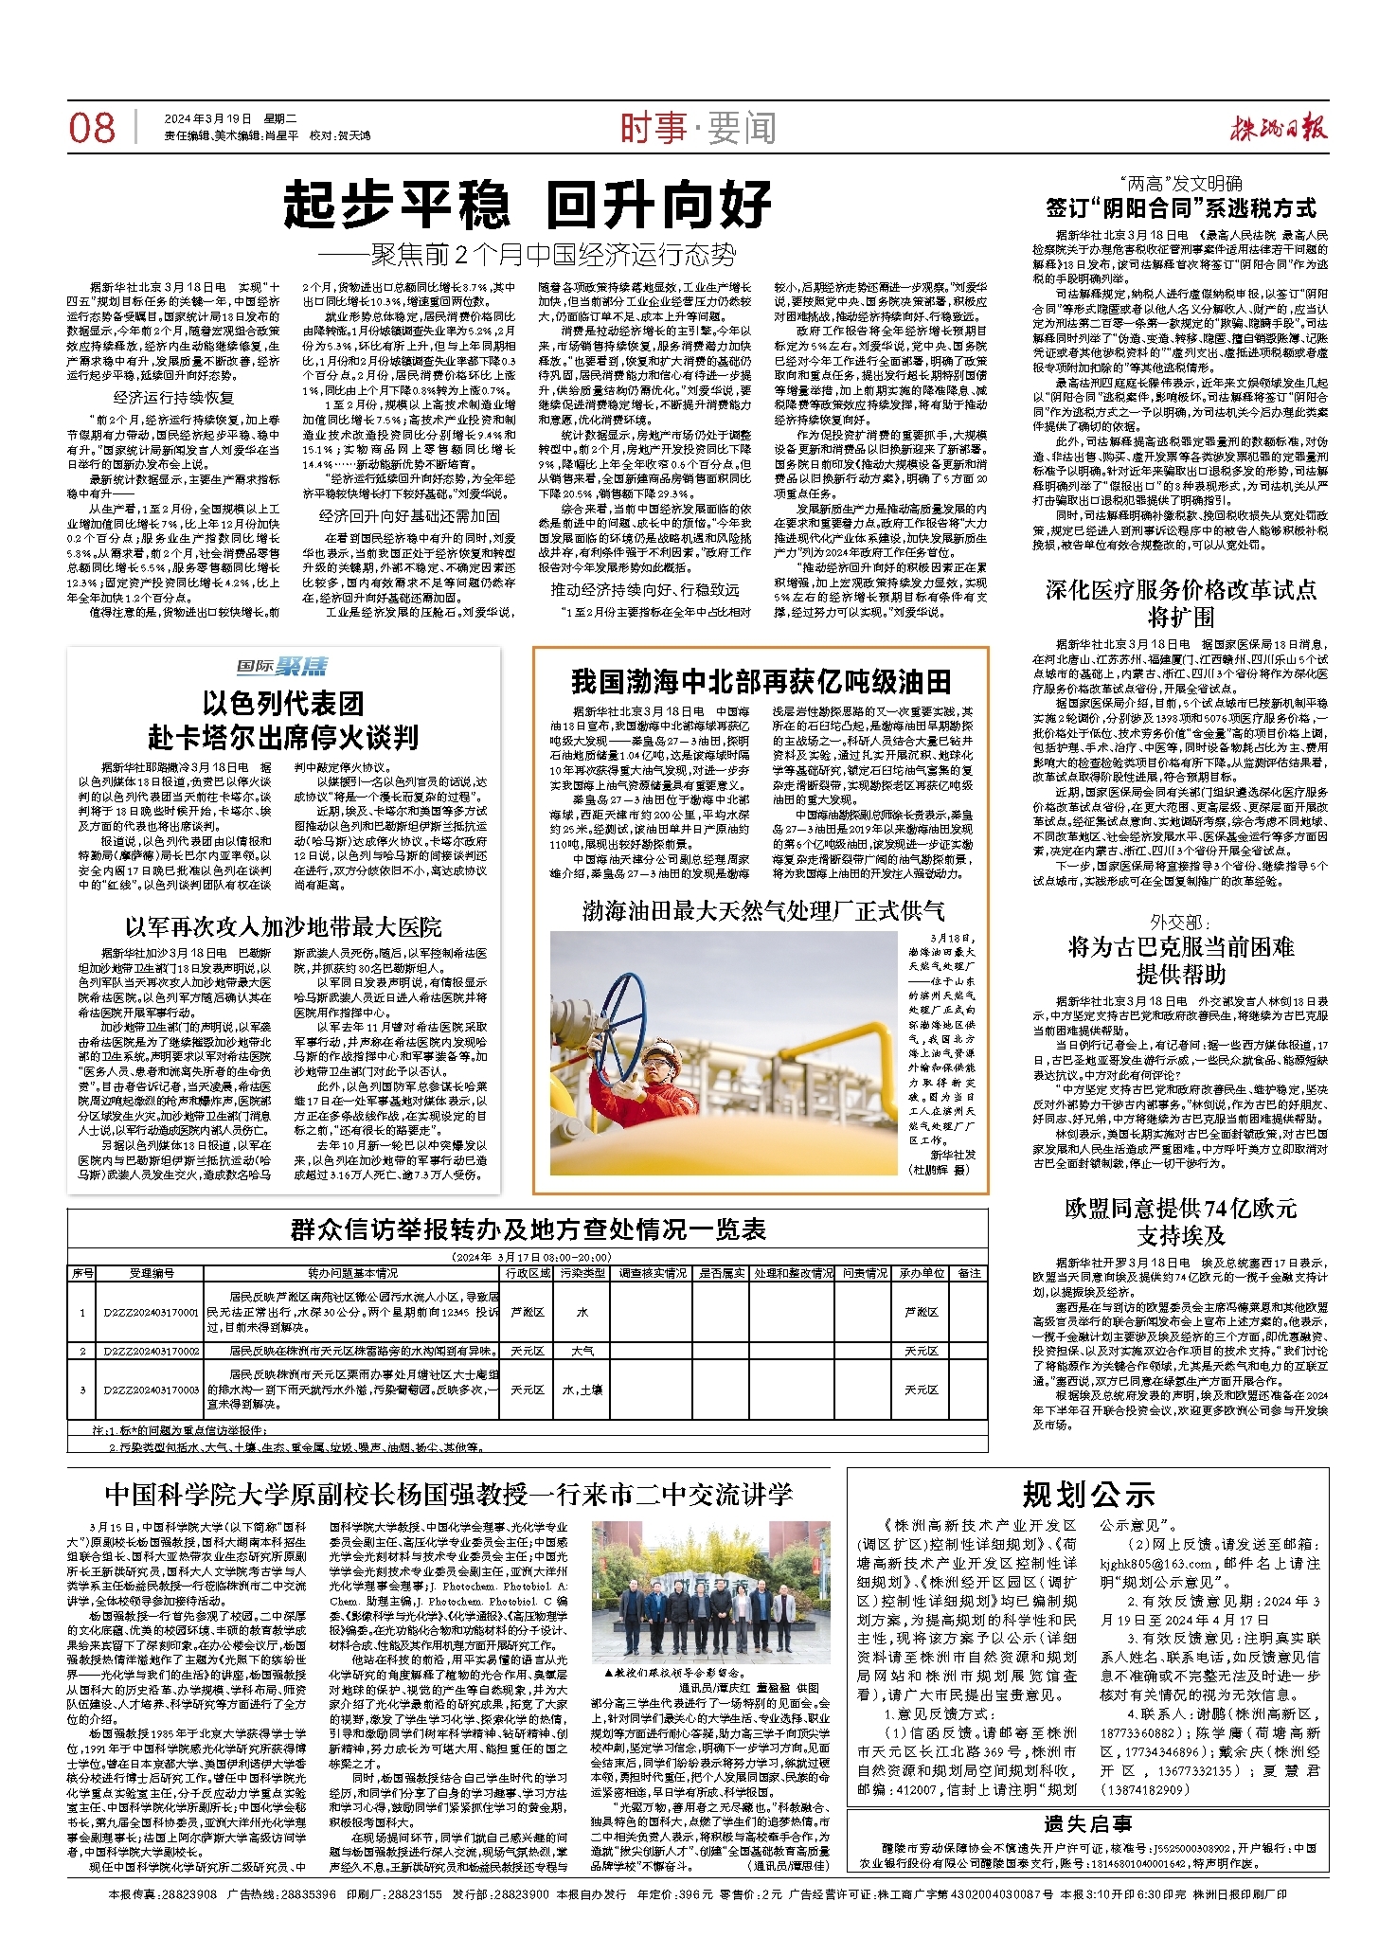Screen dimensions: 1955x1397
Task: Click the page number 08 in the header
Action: [92, 128]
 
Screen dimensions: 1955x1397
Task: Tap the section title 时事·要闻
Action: [698, 128]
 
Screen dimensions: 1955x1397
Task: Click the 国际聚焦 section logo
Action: [282, 667]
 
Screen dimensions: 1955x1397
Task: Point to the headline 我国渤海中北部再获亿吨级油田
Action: [761, 681]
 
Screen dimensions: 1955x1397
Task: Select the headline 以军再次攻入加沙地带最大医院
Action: [283, 926]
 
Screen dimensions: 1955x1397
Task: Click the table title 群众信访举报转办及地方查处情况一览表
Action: [528, 1229]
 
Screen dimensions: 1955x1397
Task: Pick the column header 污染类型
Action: [582, 1273]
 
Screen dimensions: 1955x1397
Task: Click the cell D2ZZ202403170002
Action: [152, 1351]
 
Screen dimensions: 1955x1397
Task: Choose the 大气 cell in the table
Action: [582, 1351]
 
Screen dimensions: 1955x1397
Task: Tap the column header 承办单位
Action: [922, 1273]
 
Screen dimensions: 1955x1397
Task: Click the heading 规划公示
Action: [1088, 1495]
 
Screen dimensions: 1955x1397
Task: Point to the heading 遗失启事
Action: [1088, 1823]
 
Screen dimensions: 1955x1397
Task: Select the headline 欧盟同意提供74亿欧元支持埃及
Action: [1180, 1221]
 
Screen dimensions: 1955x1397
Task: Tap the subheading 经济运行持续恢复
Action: [173, 398]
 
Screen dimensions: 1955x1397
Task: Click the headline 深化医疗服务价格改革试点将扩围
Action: [1180, 602]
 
